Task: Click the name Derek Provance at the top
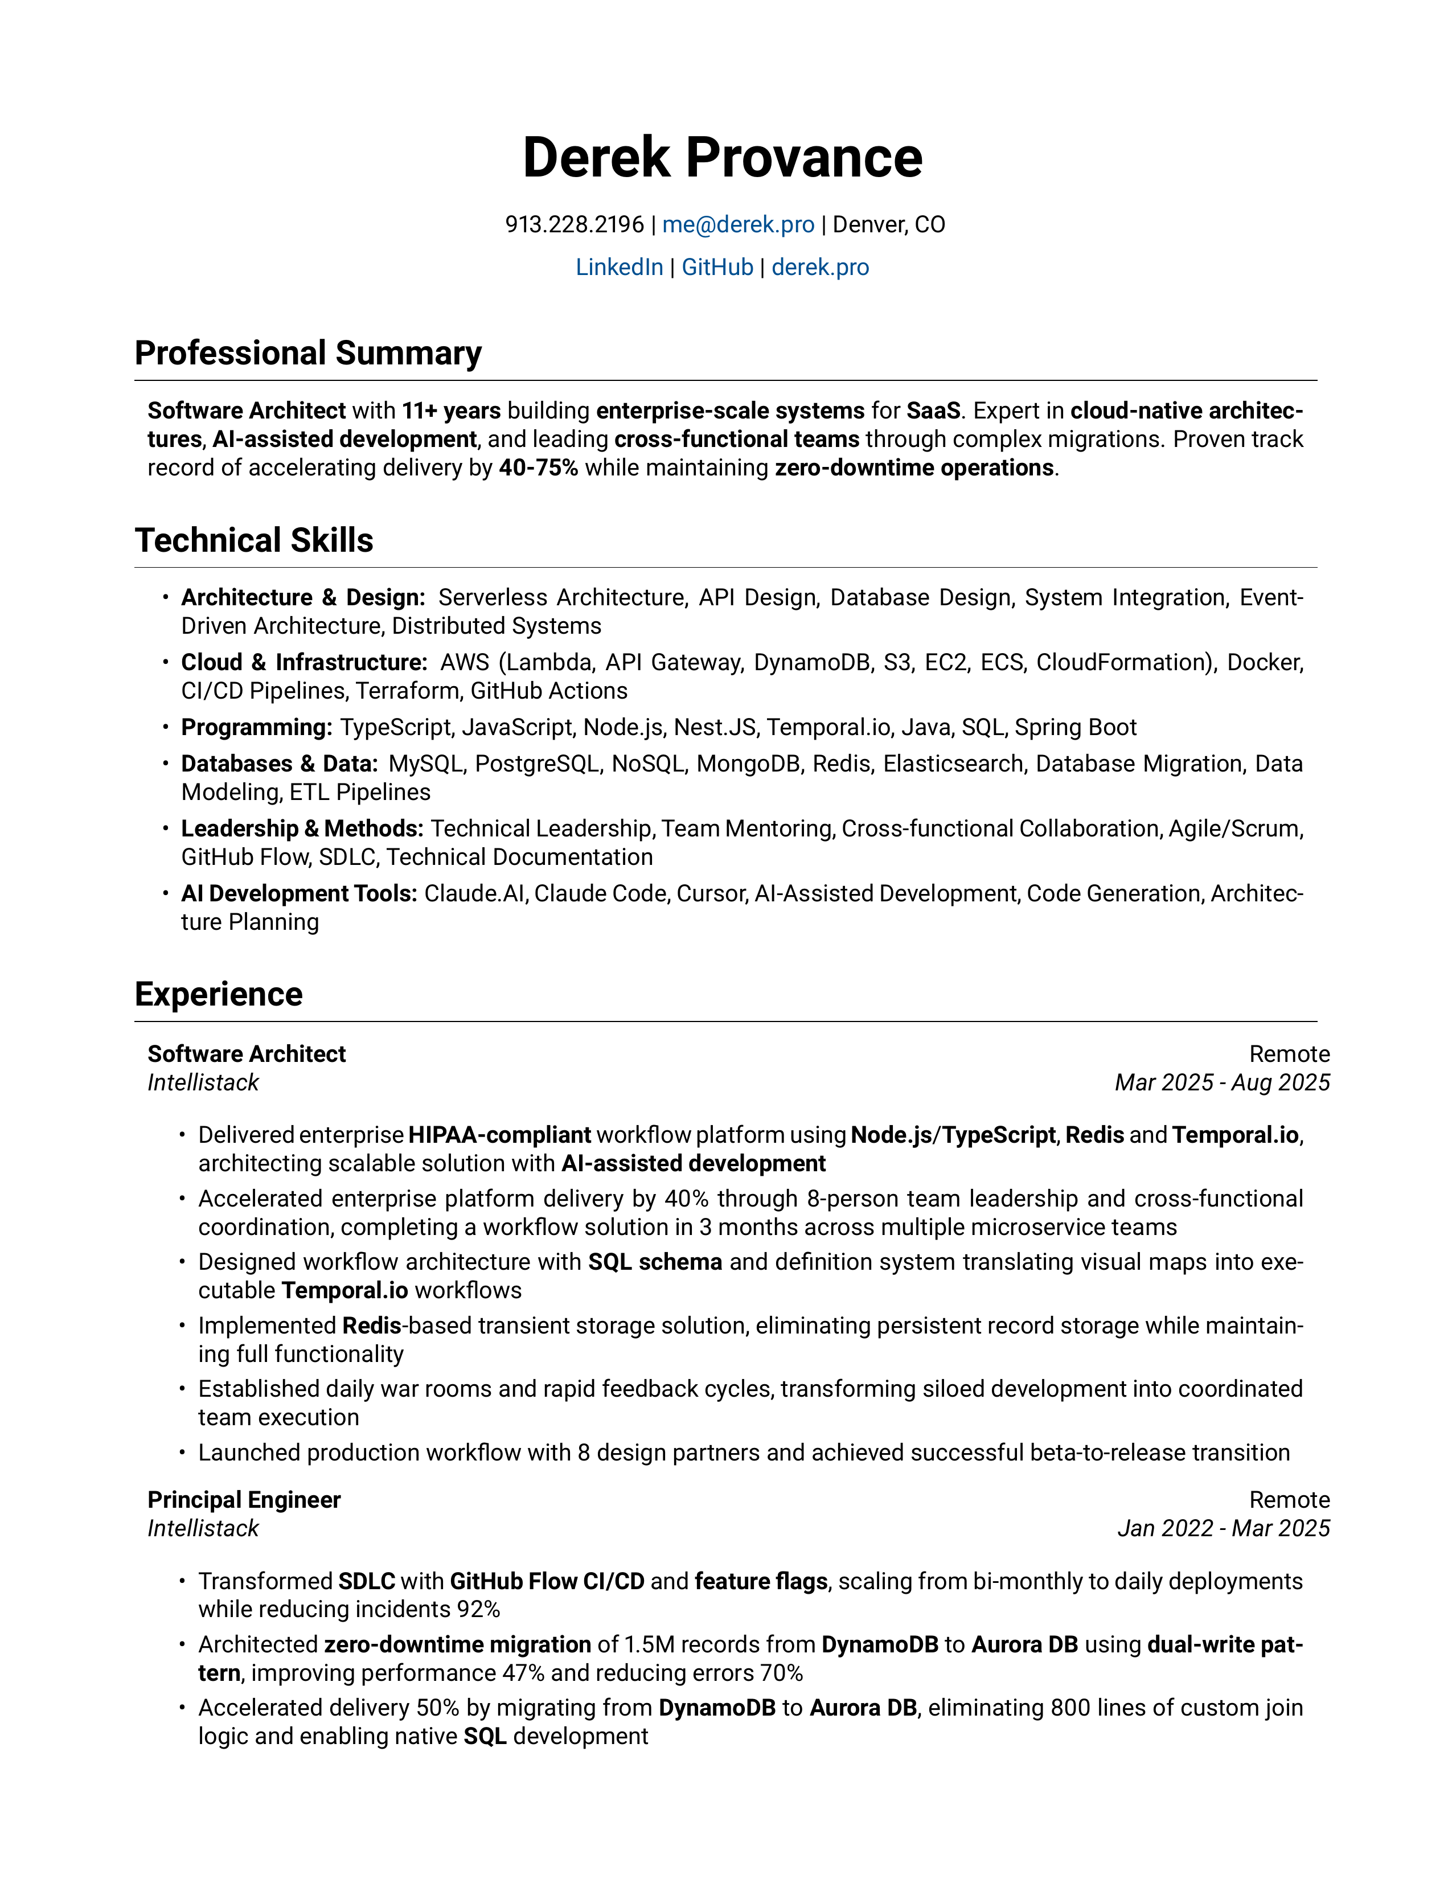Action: pyautogui.click(x=723, y=158)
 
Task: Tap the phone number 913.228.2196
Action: pyautogui.click(x=574, y=224)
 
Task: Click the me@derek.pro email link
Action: pyautogui.click(x=738, y=224)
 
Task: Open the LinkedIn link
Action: pyautogui.click(x=618, y=268)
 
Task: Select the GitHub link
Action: pyautogui.click(x=717, y=268)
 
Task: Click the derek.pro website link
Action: pyautogui.click(x=820, y=268)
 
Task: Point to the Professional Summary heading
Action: pyautogui.click(x=308, y=354)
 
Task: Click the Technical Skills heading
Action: pyautogui.click(x=254, y=541)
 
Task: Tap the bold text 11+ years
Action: pyautogui.click(x=451, y=411)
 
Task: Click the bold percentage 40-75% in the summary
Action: pyautogui.click(x=539, y=468)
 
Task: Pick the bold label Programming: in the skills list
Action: pyautogui.click(x=256, y=728)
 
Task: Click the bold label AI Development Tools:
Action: pyautogui.click(x=298, y=894)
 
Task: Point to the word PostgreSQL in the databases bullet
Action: pyautogui.click(x=537, y=764)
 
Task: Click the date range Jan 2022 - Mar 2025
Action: pyautogui.click(x=1223, y=1529)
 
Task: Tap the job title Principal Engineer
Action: pyautogui.click(x=244, y=1500)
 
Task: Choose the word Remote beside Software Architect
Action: pyautogui.click(x=1289, y=1055)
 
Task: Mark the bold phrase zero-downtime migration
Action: pyautogui.click(x=457, y=1645)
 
